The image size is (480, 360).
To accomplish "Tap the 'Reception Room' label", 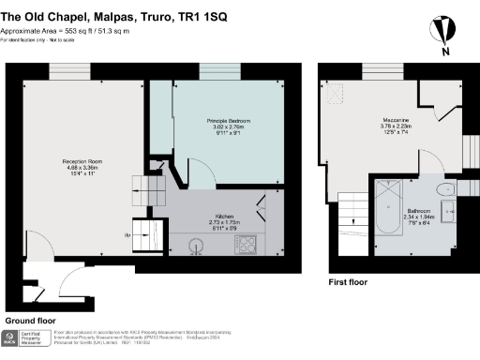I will [82, 162].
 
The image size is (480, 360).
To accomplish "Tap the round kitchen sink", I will [196, 246].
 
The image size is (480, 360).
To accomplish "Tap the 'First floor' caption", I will [348, 281].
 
